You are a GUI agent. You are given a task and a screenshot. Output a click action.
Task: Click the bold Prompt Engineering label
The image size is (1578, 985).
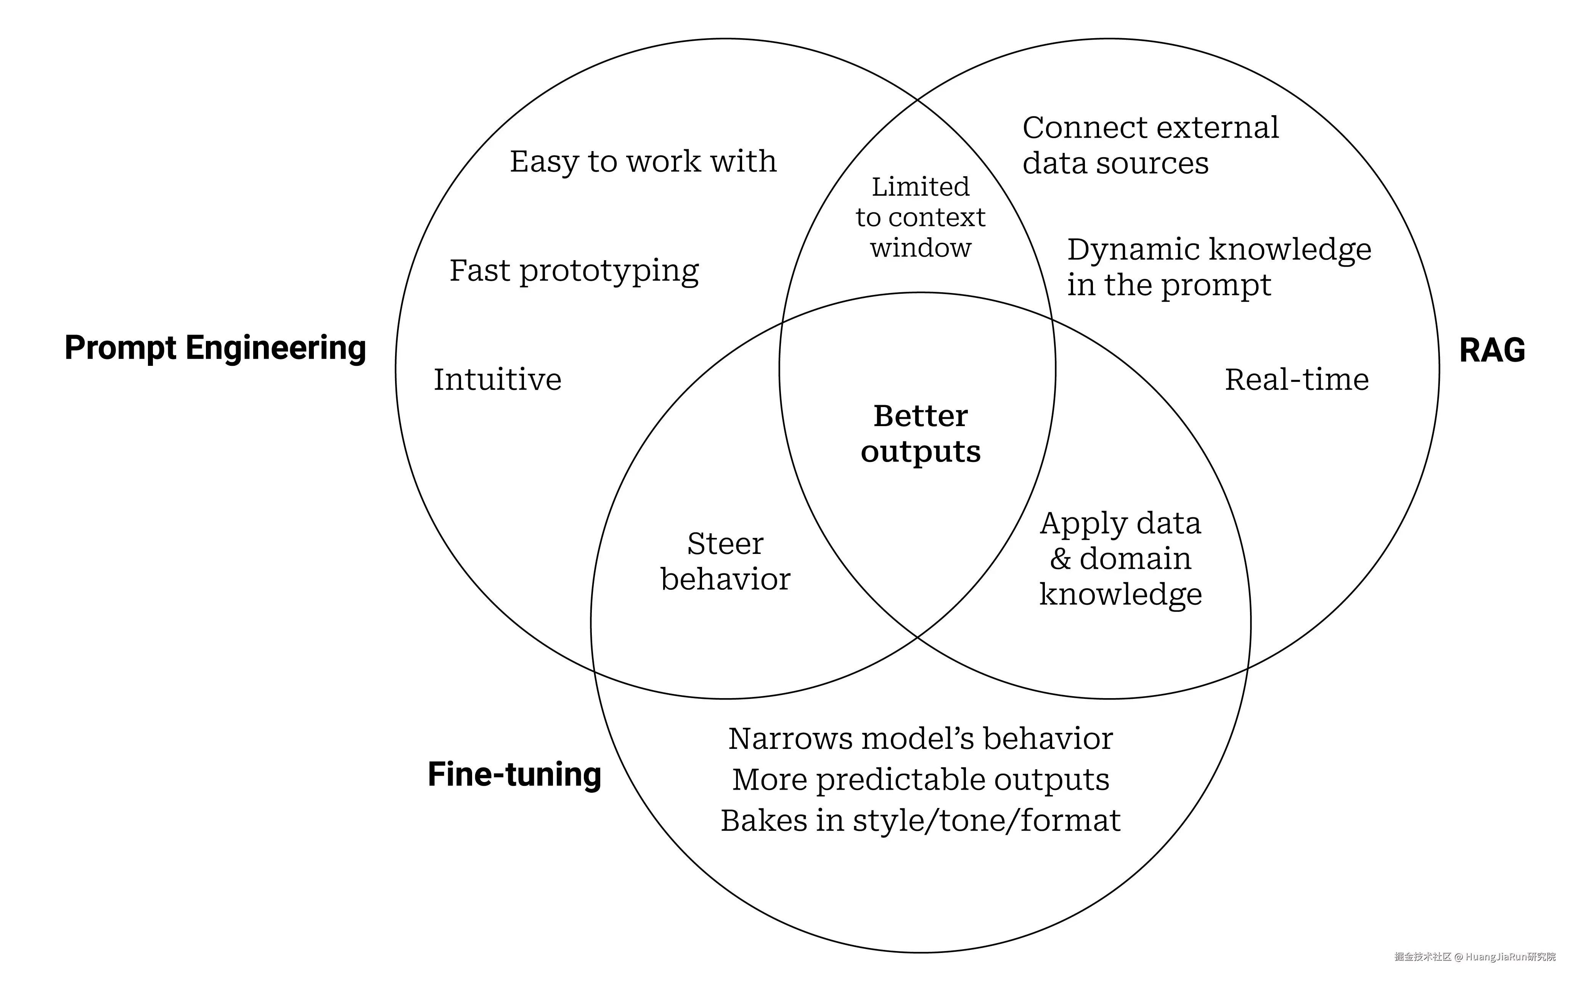pos(215,348)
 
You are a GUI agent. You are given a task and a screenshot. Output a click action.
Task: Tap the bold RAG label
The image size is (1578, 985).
pos(1491,351)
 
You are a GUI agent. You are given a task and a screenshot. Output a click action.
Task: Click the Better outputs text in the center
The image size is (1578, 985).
pos(920,434)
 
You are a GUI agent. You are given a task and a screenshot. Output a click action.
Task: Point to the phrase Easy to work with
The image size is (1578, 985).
pos(643,162)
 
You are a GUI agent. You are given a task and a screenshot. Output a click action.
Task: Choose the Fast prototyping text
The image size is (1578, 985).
pos(574,270)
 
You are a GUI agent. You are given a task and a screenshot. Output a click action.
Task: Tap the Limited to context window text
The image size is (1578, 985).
pos(920,217)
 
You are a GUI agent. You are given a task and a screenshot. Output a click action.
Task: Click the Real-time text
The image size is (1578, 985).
pos(1297,379)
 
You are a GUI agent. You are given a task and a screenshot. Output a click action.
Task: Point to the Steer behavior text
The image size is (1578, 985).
pos(725,561)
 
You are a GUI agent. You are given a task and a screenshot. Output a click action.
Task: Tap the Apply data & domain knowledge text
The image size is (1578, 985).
pos(1120,558)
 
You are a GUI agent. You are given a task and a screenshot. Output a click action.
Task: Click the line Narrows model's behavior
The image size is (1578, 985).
pos(920,739)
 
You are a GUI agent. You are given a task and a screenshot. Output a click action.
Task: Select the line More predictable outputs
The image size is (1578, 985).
pos(920,779)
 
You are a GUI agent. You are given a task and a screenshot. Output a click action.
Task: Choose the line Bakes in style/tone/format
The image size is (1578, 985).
pos(920,820)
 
